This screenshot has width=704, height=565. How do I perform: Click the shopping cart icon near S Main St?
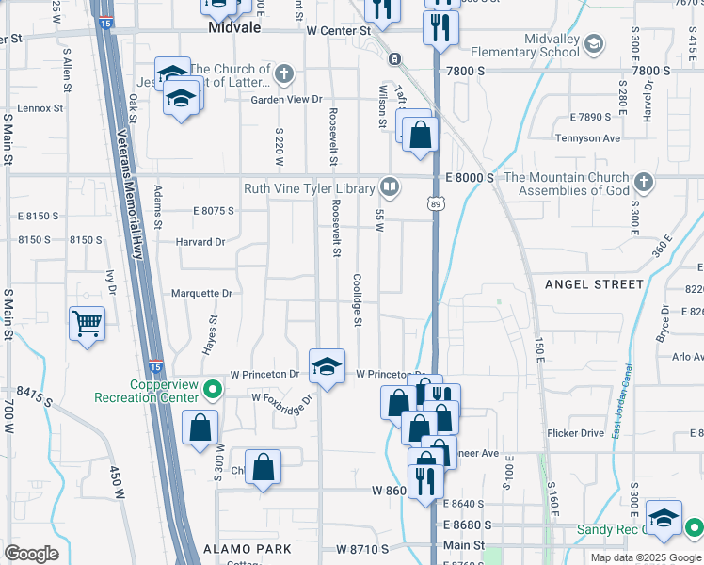[x=87, y=324]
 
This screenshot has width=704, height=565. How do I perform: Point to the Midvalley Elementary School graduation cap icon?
[x=594, y=43]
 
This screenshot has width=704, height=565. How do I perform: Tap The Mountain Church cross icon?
[x=643, y=180]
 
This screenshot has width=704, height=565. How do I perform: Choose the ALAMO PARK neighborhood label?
[x=248, y=548]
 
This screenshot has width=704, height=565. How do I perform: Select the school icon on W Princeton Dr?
[x=327, y=365]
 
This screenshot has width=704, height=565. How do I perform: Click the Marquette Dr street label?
[x=201, y=294]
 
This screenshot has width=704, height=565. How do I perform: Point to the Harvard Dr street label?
[x=200, y=242]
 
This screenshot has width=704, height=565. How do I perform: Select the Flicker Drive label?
[x=575, y=434]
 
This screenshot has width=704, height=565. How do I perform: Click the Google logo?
[x=32, y=554]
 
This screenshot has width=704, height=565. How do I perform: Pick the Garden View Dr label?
[x=286, y=99]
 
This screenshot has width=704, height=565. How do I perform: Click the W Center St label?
[x=339, y=31]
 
